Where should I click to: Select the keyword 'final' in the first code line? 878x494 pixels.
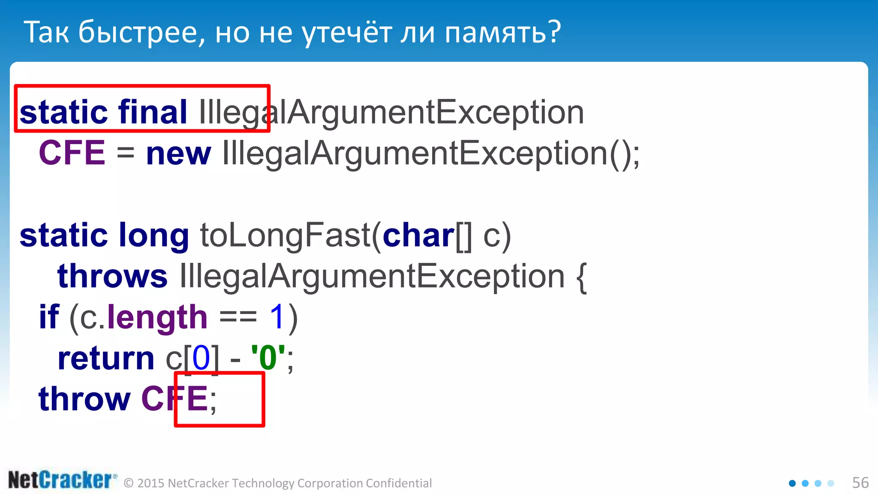[153, 112]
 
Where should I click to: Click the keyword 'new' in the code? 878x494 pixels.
[178, 154]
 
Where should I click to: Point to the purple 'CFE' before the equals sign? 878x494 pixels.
[72, 153]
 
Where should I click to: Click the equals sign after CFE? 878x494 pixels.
[125, 154]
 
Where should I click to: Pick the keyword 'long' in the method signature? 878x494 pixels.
[153, 236]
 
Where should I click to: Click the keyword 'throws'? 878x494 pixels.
[112, 276]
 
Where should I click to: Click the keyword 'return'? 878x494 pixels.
[106, 358]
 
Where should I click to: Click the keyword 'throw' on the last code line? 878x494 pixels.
[84, 399]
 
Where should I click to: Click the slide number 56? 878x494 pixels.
[860, 483]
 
